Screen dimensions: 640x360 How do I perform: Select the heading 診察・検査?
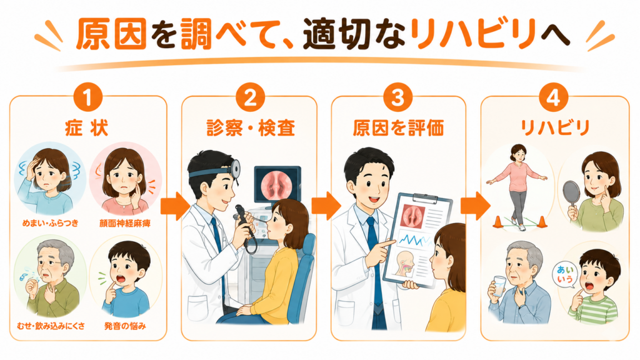tap(251, 127)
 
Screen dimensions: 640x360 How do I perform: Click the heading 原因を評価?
tap(398, 127)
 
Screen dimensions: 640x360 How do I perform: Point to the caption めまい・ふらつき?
tap(50, 223)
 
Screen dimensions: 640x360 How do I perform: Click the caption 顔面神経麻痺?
tap(125, 223)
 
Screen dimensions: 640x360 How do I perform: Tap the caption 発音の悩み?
tap(125, 326)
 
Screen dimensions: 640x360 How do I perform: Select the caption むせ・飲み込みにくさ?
tap(51, 326)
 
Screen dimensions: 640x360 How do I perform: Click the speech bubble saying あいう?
tap(565, 275)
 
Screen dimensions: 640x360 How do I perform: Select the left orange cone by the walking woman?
tap(497, 222)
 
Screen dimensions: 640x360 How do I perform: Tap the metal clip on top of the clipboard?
tap(426, 197)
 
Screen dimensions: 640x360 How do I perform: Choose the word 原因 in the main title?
tap(111, 34)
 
